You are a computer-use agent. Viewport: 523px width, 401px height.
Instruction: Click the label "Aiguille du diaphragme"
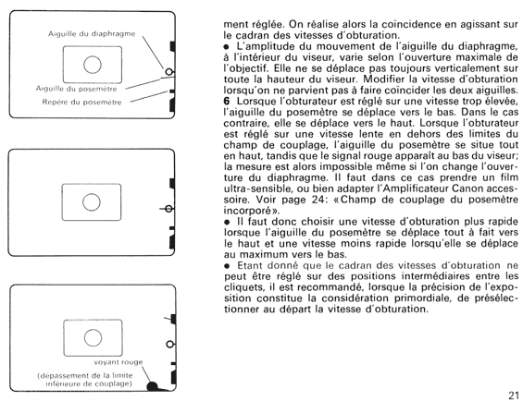click(x=92, y=34)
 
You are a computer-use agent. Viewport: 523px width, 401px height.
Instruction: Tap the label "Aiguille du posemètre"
click(x=77, y=89)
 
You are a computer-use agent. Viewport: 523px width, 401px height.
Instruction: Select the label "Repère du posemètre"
click(x=81, y=103)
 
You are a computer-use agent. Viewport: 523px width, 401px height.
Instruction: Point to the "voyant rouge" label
click(x=118, y=362)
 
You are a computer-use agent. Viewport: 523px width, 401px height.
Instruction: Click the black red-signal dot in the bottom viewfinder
click(x=152, y=386)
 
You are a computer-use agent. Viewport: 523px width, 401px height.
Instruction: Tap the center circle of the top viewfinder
click(x=93, y=65)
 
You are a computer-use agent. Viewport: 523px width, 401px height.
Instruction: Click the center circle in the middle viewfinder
click(x=92, y=202)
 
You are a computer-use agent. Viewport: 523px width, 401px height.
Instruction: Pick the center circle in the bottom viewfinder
click(x=93, y=338)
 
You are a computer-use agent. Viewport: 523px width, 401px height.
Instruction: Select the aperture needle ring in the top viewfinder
click(x=169, y=71)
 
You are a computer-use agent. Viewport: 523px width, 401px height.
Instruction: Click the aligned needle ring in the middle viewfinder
click(x=168, y=209)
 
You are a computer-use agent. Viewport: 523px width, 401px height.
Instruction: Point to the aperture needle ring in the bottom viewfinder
click(x=170, y=344)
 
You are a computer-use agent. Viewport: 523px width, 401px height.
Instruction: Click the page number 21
click(x=514, y=395)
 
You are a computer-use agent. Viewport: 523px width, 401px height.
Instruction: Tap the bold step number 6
click(x=227, y=101)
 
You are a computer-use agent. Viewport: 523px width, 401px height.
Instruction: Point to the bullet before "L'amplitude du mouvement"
click(x=227, y=46)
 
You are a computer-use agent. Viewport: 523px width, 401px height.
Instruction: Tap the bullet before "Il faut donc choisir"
click(x=227, y=222)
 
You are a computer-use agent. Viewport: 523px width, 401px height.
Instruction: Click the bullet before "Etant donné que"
click(x=227, y=266)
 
